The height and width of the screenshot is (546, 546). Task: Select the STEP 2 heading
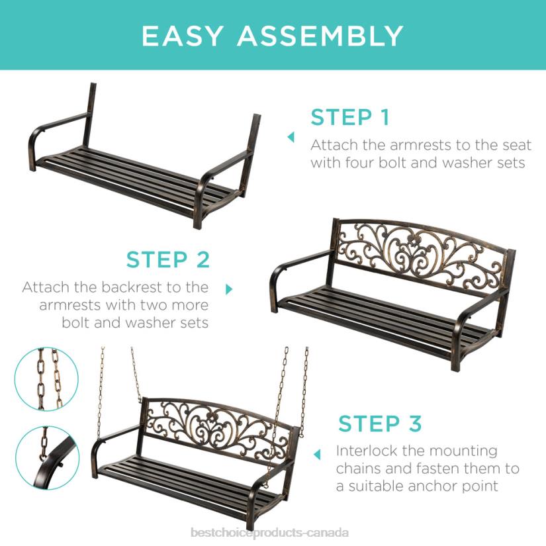[168, 259]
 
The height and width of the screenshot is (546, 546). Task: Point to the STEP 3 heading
[380, 423]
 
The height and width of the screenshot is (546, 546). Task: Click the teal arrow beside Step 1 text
[290, 137]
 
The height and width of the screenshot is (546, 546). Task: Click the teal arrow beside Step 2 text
[230, 289]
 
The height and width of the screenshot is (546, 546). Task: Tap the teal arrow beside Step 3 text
[317, 455]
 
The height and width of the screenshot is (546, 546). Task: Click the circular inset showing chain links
[46, 379]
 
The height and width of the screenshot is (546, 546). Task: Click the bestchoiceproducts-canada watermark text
[269, 533]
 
